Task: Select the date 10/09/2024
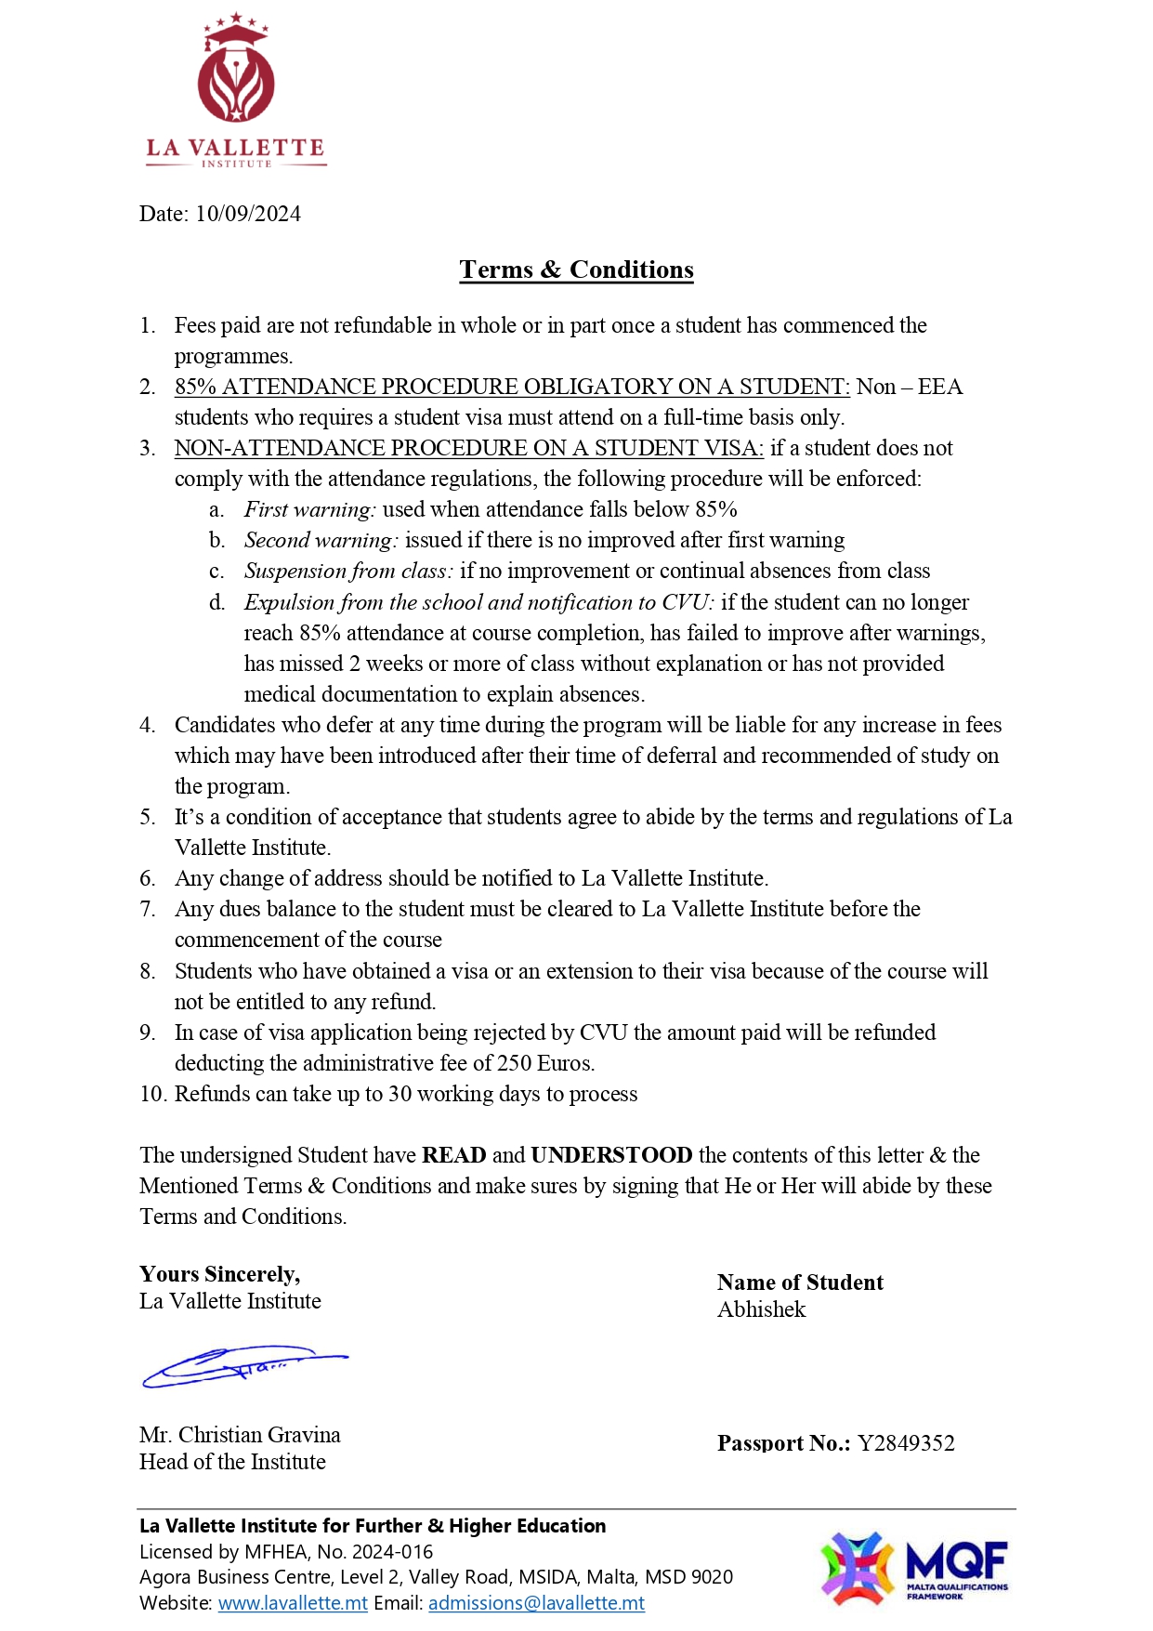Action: [x=248, y=214]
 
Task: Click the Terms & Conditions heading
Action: [x=576, y=270]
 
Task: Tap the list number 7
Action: [x=148, y=909]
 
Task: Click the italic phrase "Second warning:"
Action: [x=321, y=540]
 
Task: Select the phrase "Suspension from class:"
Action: [x=348, y=571]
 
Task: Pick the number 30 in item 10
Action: [x=400, y=1094]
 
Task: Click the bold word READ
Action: [x=453, y=1155]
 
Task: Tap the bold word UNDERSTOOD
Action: [x=611, y=1155]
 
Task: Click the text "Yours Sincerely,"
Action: [x=220, y=1274]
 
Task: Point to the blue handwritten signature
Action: [x=243, y=1366]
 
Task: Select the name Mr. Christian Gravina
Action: [x=240, y=1435]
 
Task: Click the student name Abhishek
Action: [x=761, y=1309]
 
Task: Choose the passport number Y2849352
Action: [x=906, y=1443]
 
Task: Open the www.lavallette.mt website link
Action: [x=293, y=1603]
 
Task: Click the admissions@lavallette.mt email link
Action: [x=536, y=1603]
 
